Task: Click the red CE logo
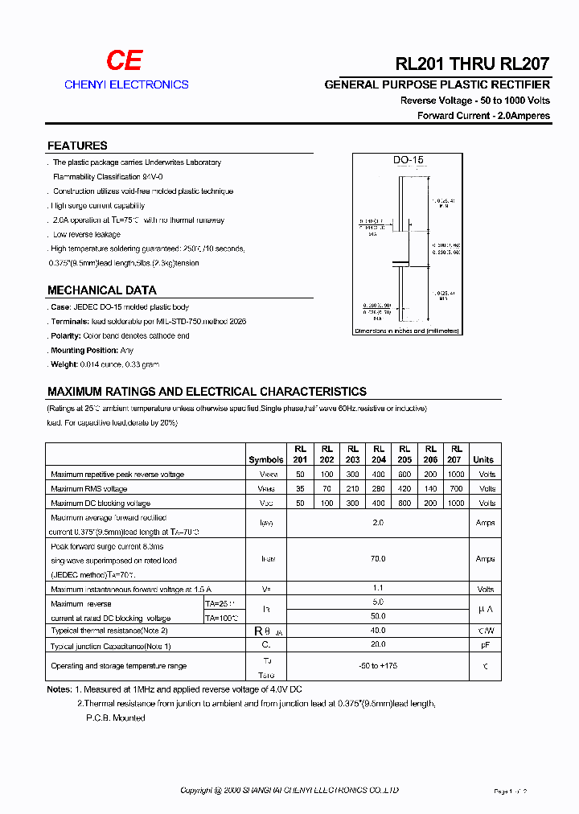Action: point(125,60)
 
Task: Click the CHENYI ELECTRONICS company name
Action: point(126,84)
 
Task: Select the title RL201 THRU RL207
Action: point(473,64)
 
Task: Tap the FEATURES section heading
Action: point(77,146)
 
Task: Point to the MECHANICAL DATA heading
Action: point(102,290)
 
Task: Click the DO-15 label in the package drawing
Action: point(408,160)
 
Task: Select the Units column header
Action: point(483,459)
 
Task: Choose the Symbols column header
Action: point(266,459)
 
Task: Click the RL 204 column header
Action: point(379,454)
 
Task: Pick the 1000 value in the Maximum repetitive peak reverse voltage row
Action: point(456,475)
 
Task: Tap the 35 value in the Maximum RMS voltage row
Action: point(299,489)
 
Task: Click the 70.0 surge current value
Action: point(379,558)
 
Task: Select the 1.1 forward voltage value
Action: point(379,588)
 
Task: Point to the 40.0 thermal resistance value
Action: point(379,631)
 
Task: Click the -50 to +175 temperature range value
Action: point(379,666)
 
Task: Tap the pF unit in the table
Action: point(485,645)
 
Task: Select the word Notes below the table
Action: point(59,690)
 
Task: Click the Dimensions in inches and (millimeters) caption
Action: point(407,331)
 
